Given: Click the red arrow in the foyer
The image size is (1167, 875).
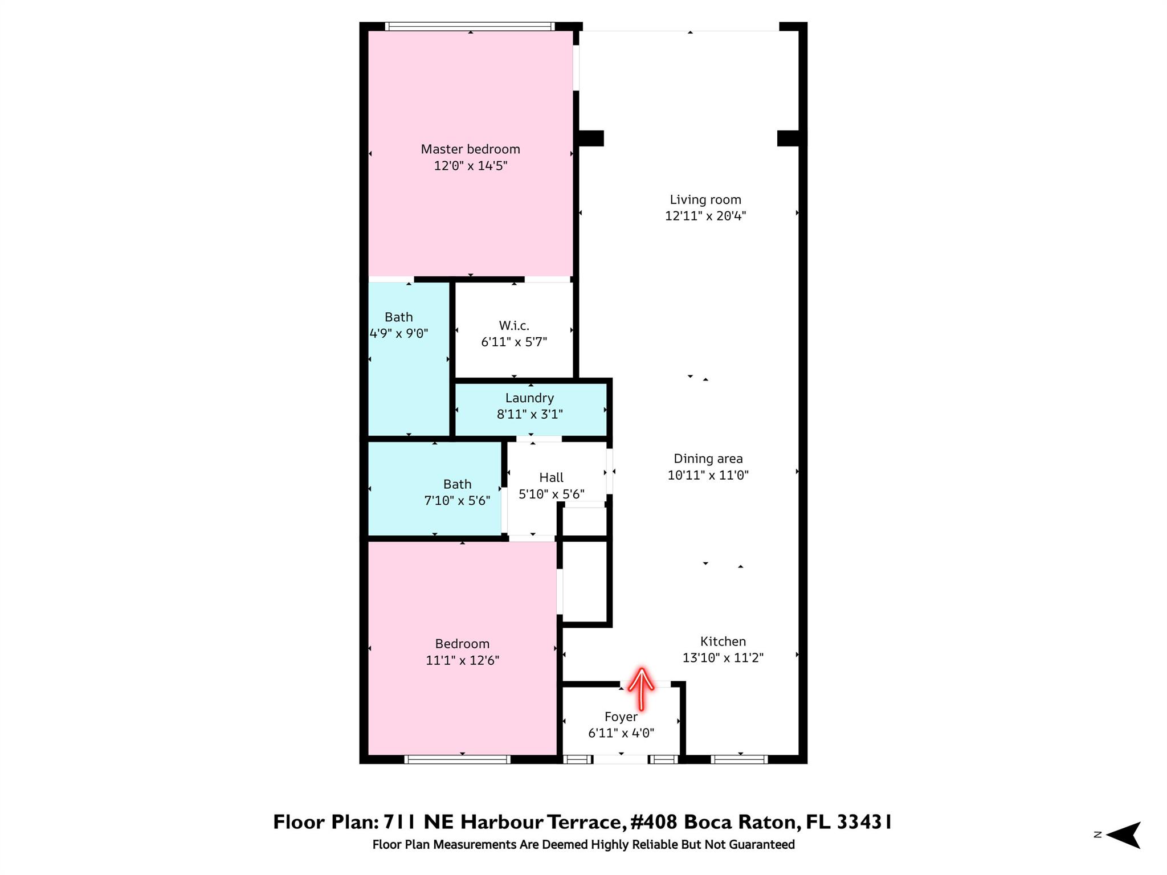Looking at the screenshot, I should pyautogui.click(x=641, y=689).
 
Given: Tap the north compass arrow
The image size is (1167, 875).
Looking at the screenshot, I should pyautogui.click(x=1124, y=835).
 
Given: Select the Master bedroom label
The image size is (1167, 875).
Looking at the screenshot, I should pyautogui.click(x=470, y=149).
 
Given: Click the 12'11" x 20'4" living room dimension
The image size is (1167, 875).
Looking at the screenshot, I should pyautogui.click(x=705, y=216).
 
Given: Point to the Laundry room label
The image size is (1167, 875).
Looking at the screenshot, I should pyautogui.click(x=529, y=398).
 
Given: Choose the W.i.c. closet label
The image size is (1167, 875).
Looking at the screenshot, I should pyautogui.click(x=514, y=325).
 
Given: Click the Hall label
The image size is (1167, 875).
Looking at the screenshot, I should pyautogui.click(x=551, y=477).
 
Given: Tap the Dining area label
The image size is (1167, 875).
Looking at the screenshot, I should pyautogui.click(x=708, y=459).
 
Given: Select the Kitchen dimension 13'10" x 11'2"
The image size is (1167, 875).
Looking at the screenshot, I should pyautogui.click(x=723, y=657).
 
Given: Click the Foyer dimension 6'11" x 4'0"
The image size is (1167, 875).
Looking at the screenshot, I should pyautogui.click(x=621, y=733).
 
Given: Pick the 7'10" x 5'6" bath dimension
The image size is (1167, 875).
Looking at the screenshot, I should pyautogui.click(x=457, y=501).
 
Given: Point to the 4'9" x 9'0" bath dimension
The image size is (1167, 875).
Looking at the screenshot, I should pyautogui.click(x=399, y=333).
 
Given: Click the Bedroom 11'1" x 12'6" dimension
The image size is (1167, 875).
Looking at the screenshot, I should pyautogui.click(x=462, y=660).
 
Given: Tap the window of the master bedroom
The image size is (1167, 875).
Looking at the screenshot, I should pyautogui.click(x=470, y=26).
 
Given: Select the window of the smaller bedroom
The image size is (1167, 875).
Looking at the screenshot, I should pyautogui.click(x=457, y=759).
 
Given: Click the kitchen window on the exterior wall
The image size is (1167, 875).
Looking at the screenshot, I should pyautogui.click(x=739, y=759).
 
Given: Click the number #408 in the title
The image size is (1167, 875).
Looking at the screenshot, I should pyautogui.click(x=653, y=822).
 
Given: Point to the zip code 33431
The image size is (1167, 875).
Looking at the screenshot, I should pyautogui.click(x=864, y=822).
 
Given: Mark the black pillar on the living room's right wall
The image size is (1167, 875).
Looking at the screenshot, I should pyautogui.click(x=789, y=138).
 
